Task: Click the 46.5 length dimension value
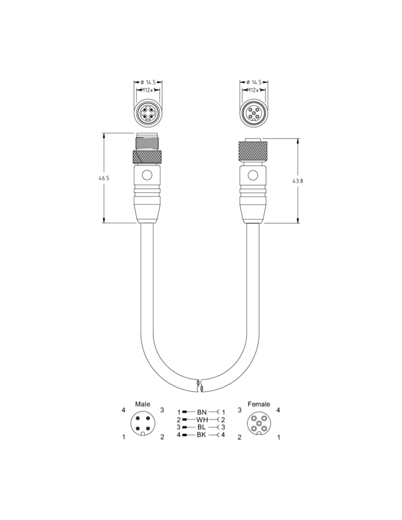104,178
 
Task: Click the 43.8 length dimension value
297,181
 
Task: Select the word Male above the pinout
143,404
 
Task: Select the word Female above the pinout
259,404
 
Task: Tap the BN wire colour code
202,412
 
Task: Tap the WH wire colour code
202,419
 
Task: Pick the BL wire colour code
201,427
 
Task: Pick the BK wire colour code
201,435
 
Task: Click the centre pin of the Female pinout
259,423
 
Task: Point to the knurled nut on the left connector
147,157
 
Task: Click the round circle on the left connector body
147,175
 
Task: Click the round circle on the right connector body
253,175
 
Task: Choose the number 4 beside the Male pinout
123,410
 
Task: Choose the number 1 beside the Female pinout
278,437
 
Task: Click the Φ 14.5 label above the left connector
148,82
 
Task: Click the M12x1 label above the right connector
254,90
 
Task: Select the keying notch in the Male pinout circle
143,434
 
